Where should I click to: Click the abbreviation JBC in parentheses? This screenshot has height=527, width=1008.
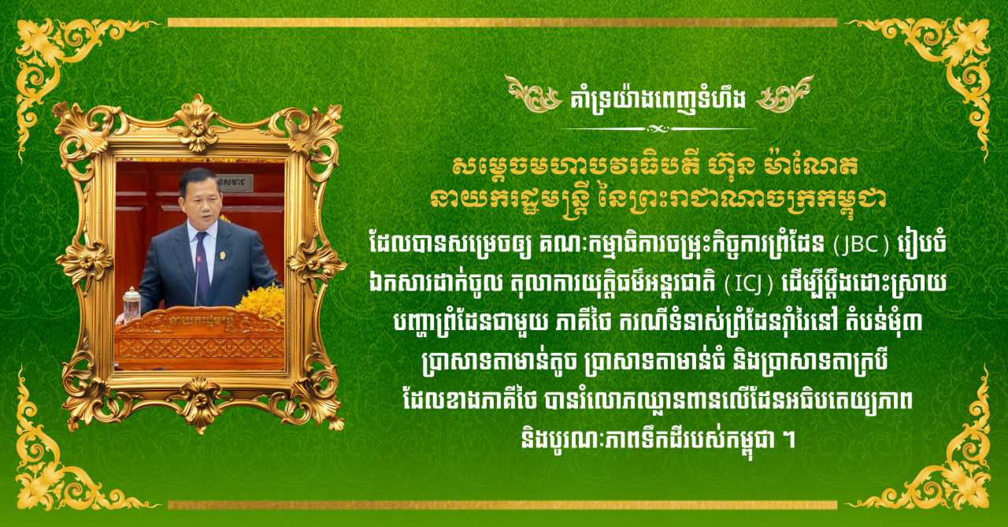click(862, 245)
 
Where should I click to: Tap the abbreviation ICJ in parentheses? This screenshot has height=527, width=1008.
click(748, 284)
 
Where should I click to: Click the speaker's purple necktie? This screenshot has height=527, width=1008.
click(201, 265)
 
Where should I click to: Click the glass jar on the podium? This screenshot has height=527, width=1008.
click(132, 304)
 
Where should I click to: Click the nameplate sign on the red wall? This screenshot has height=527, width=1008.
click(235, 183)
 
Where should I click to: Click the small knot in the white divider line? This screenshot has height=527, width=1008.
click(658, 129)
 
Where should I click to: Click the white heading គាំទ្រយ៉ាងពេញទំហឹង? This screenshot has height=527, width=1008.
click(658, 99)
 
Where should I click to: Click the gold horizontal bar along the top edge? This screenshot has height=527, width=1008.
click(502, 23)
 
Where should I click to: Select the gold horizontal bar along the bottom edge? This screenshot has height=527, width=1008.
click(502, 504)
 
